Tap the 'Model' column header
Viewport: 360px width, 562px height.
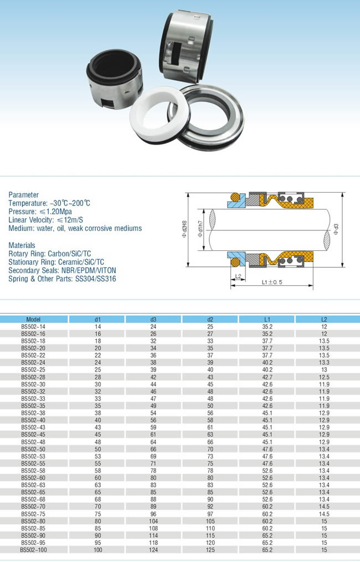tap(33, 319)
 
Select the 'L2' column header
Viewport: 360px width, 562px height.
tap(324, 319)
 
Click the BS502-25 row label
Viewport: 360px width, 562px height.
tap(33, 369)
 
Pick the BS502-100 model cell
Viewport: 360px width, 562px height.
tap(33, 550)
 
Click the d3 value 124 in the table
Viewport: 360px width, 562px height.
tap(153, 550)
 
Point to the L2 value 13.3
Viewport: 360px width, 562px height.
tap(324, 362)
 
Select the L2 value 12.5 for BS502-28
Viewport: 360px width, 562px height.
tap(324, 377)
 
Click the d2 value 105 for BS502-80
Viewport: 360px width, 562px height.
tap(210, 521)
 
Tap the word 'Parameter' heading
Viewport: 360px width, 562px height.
tap(24, 195)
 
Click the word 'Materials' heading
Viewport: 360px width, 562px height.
tap(22, 245)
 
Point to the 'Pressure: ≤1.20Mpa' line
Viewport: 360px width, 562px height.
tap(40, 212)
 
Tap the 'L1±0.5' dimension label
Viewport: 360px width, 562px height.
tap(272, 282)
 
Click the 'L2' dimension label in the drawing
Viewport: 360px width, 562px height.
tap(237, 275)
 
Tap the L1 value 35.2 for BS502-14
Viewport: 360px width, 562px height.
tap(267, 326)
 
